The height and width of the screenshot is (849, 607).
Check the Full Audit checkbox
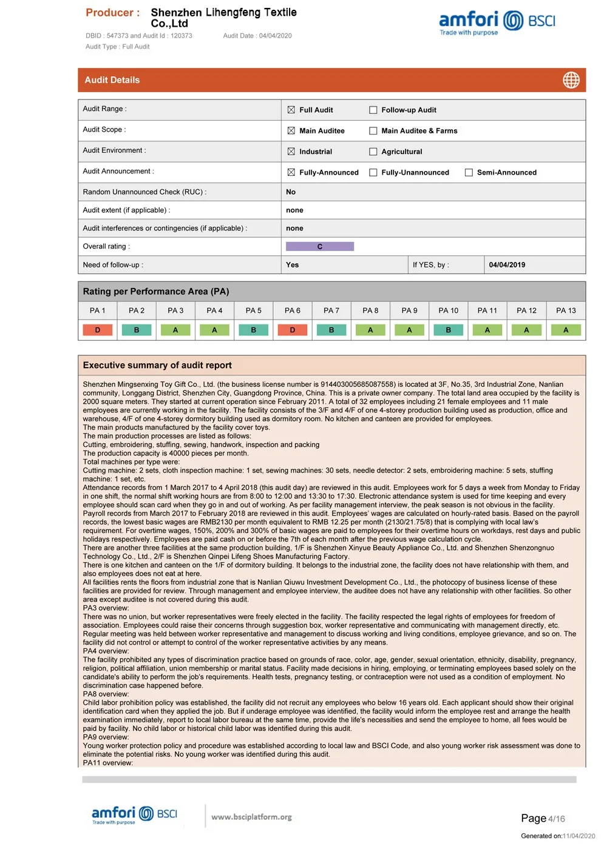click(x=291, y=110)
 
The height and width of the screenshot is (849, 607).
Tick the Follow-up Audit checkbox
click(x=373, y=110)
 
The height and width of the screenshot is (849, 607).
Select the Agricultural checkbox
click(x=373, y=152)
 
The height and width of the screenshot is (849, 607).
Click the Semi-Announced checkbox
click(x=469, y=172)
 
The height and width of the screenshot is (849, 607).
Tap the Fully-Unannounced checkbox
click(x=373, y=172)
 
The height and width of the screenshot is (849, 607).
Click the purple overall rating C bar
click(x=320, y=247)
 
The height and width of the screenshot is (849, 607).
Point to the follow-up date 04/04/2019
click(x=507, y=265)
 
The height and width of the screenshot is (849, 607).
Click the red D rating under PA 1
click(x=98, y=330)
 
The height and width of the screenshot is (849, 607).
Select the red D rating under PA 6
click(x=293, y=330)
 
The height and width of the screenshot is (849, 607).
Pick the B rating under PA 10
click(x=449, y=330)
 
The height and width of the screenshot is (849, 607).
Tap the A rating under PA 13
click(x=566, y=330)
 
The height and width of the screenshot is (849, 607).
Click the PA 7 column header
click(x=331, y=310)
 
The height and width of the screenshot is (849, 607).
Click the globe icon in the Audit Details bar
click(x=571, y=80)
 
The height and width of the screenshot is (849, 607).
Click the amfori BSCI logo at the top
click(x=497, y=22)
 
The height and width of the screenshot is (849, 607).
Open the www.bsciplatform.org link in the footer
click(x=251, y=817)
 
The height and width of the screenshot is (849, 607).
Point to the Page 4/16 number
click(x=543, y=819)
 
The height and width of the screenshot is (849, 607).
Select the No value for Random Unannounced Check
click(x=291, y=192)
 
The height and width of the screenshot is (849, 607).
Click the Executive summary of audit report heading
click(x=157, y=365)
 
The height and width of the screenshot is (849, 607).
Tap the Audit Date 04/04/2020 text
click(x=257, y=36)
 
